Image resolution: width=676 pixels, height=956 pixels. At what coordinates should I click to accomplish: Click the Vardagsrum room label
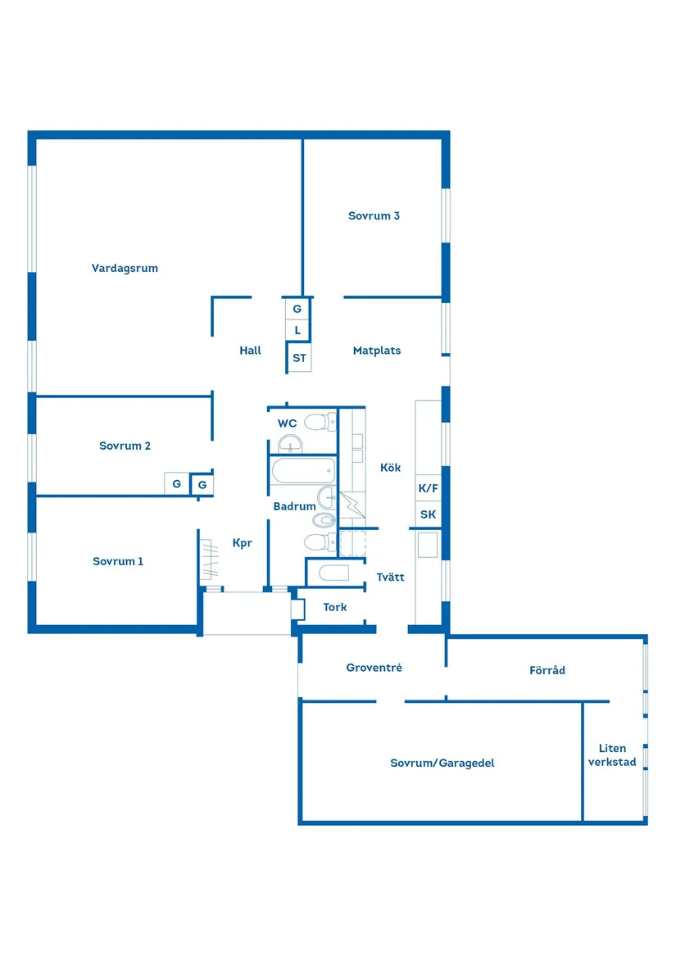[x=125, y=268]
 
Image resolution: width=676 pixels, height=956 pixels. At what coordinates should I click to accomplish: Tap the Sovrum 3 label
[x=374, y=216]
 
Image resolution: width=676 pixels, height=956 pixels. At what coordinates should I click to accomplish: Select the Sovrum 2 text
[x=125, y=446]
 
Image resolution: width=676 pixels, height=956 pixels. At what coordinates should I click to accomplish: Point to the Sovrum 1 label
[x=118, y=562]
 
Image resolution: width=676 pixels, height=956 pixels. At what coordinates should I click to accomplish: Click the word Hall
[x=250, y=351]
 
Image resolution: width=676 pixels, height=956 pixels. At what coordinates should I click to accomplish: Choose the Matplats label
[x=377, y=351]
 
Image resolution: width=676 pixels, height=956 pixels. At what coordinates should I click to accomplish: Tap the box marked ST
[x=299, y=358]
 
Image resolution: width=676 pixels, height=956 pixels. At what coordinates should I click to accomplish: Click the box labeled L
[x=298, y=331]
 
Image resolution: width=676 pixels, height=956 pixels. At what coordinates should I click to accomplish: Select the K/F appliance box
[x=429, y=488]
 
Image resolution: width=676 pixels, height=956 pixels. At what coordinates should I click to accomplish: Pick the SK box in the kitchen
[x=429, y=515]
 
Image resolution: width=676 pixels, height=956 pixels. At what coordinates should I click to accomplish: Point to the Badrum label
[x=294, y=507]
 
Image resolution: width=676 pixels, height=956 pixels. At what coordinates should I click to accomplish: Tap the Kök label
[x=391, y=468]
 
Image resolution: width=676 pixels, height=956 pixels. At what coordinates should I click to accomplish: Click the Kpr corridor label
[x=243, y=543]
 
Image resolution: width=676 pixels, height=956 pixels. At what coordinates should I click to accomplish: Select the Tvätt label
[x=391, y=578]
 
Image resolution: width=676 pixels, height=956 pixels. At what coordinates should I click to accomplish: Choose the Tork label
[x=334, y=608]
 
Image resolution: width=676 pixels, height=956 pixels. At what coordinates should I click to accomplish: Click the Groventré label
[x=374, y=668]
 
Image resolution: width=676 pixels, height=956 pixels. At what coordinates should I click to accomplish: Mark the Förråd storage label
[x=547, y=671]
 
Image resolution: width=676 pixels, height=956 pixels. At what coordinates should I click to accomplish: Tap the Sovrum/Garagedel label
[x=442, y=763]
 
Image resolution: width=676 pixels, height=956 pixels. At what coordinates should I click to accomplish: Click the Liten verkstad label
[x=612, y=755]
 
